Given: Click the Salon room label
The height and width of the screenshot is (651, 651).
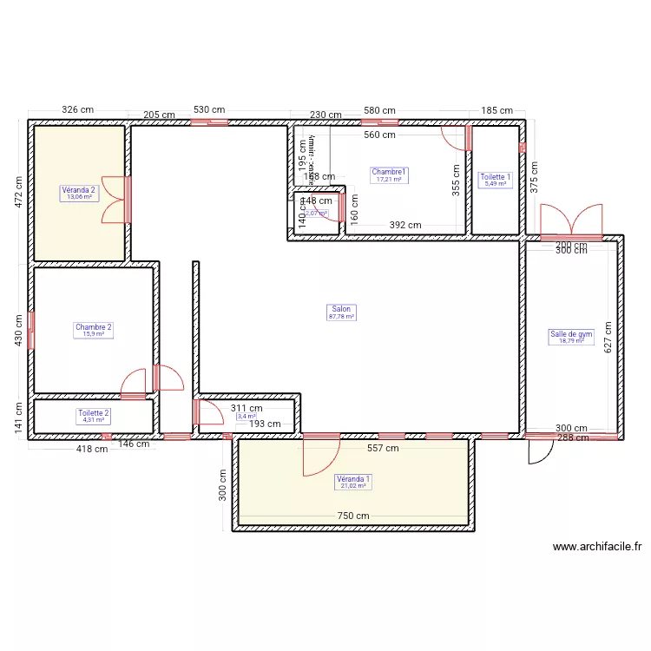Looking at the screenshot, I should click(x=342, y=308).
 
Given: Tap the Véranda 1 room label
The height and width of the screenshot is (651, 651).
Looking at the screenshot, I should click(x=353, y=478).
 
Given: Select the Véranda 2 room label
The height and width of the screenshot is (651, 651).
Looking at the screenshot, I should click(x=79, y=189).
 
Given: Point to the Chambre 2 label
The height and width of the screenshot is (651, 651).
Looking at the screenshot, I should click(x=93, y=327).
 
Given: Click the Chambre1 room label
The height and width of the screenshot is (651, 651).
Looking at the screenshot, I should click(x=389, y=173).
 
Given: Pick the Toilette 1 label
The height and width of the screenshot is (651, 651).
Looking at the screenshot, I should click(x=496, y=176).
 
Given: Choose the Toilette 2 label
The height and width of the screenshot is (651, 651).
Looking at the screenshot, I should click(x=93, y=413).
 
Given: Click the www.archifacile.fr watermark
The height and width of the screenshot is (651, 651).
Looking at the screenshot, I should click(x=597, y=547).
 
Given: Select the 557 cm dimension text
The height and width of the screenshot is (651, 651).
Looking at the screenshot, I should click(x=382, y=449).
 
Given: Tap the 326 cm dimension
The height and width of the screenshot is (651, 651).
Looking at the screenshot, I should click(x=77, y=110).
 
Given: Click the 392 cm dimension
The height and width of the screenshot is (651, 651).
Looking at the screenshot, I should click(x=404, y=225).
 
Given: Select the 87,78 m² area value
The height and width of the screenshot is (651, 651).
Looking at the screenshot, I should click(x=342, y=317).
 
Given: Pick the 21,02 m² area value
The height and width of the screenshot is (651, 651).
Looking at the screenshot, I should click(x=353, y=486).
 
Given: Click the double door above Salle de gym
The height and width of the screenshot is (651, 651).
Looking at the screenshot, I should click(x=570, y=221).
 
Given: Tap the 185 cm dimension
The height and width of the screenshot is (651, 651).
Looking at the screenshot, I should click(x=496, y=110).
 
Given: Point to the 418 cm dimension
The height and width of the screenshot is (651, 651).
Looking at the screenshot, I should click(x=92, y=449).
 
